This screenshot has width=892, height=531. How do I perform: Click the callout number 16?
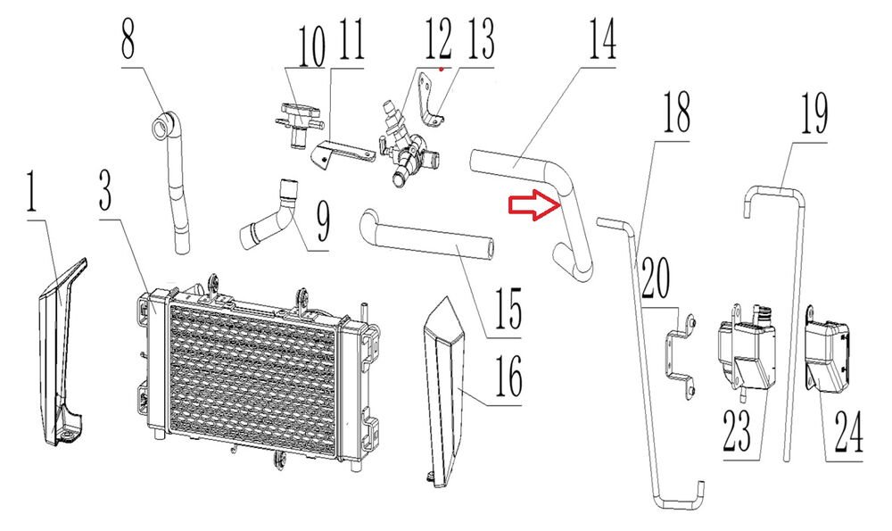pos(508,374)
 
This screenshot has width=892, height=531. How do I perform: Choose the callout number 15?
pos(508,308)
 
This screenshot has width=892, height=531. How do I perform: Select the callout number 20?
pos(656,278)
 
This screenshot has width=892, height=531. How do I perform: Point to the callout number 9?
pos(323,222)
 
